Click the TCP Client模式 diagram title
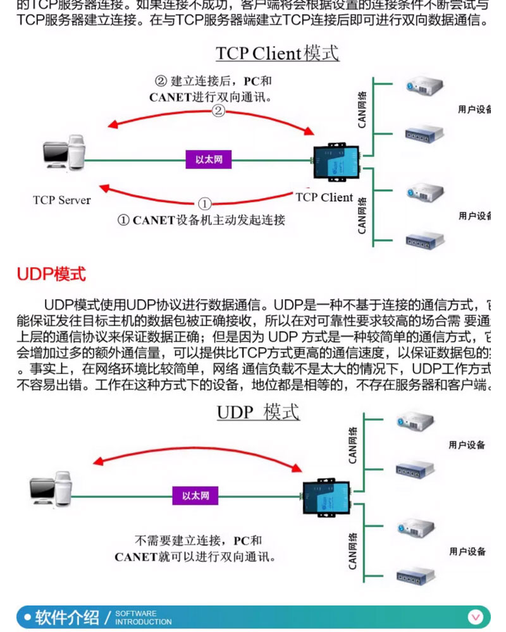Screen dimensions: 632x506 pos(277,53)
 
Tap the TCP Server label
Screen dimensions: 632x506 pos(62,200)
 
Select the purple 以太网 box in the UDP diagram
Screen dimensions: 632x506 pos(195,495)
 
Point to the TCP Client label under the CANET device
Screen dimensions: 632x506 pos(324,197)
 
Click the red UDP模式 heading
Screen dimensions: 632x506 pos(51,274)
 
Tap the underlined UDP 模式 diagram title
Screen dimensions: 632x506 pos(258,412)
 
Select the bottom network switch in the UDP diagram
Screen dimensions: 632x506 pos(415,574)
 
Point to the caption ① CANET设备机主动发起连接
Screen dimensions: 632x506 pos(201,220)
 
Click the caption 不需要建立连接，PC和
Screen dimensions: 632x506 pos(198,541)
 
